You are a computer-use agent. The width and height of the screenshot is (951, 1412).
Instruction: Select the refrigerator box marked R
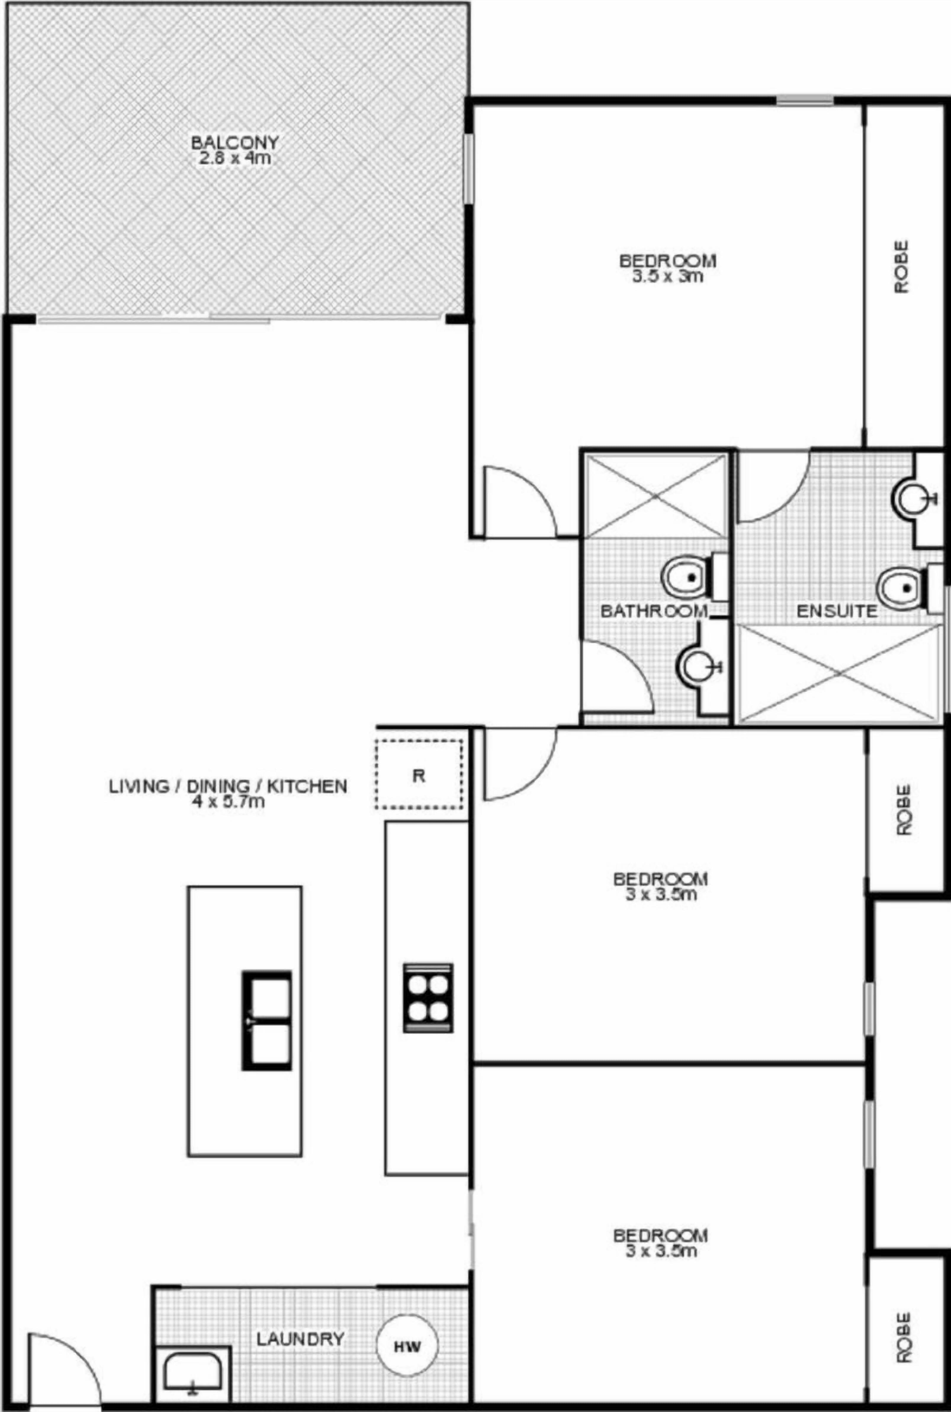418,774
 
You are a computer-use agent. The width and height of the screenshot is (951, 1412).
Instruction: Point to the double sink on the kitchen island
267,1020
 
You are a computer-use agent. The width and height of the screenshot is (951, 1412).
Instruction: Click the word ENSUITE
836,611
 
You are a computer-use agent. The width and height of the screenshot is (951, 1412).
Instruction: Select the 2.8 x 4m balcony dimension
235,159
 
